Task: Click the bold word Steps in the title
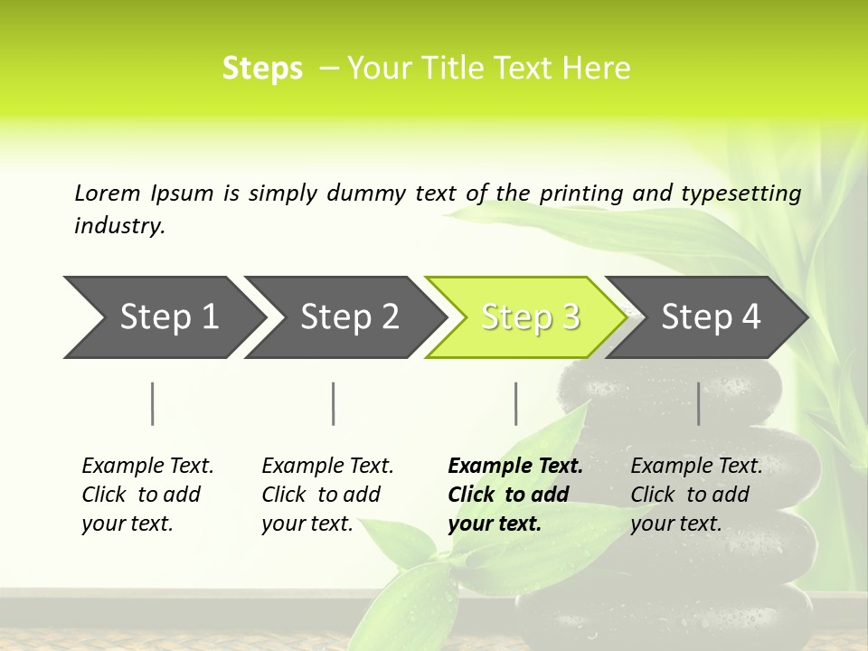262,69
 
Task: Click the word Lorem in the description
108,193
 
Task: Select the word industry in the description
118,226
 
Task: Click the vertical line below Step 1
153,403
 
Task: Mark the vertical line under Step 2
334,403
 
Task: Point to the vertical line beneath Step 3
515,403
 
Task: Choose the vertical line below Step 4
698,403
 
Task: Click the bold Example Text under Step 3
515,467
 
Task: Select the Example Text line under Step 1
147,467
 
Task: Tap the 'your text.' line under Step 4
675,524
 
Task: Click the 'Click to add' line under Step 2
321,495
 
